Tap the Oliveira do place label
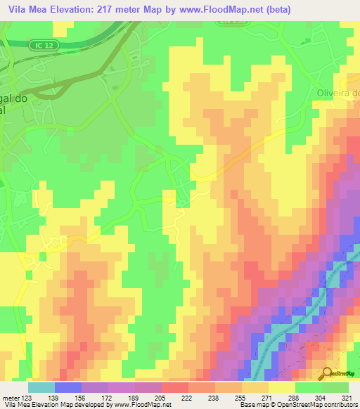[x=333, y=93]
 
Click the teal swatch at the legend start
[x=41, y=387]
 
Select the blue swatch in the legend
[x=67, y=387]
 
